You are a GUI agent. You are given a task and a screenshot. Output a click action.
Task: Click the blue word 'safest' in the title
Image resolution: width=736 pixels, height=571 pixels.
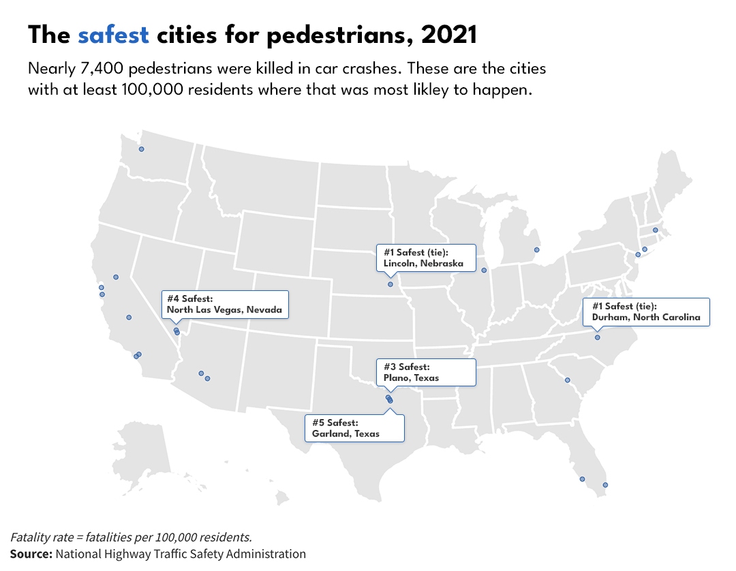(x=113, y=35)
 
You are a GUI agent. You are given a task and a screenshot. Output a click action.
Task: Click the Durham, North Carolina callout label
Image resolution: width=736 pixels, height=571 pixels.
(x=646, y=312)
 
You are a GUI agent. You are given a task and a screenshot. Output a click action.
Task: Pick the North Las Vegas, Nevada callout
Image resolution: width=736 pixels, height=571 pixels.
(x=225, y=305)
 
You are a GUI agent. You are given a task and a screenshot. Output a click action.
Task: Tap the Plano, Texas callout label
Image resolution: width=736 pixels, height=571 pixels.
(x=426, y=372)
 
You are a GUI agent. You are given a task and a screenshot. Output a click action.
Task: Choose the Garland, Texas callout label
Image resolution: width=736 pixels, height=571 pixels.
(x=354, y=428)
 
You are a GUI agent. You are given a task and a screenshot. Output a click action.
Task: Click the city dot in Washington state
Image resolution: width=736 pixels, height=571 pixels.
(x=142, y=149)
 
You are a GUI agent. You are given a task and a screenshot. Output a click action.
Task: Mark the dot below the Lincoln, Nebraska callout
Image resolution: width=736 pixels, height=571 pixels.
(x=390, y=284)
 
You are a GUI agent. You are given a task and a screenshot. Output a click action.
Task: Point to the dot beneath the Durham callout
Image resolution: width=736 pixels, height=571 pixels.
(x=598, y=337)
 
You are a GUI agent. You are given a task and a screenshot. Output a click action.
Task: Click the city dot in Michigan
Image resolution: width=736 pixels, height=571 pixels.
(x=536, y=250)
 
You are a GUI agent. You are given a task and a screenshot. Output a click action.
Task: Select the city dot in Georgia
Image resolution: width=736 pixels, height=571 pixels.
(x=567, y=380)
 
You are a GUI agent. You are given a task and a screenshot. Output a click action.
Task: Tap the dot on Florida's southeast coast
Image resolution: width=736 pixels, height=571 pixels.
(x=605, y=485)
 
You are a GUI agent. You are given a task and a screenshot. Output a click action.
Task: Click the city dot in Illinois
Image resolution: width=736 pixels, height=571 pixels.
(x=484, y=271)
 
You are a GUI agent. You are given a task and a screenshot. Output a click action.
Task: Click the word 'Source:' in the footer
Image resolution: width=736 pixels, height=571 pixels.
(x=31, y=554)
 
